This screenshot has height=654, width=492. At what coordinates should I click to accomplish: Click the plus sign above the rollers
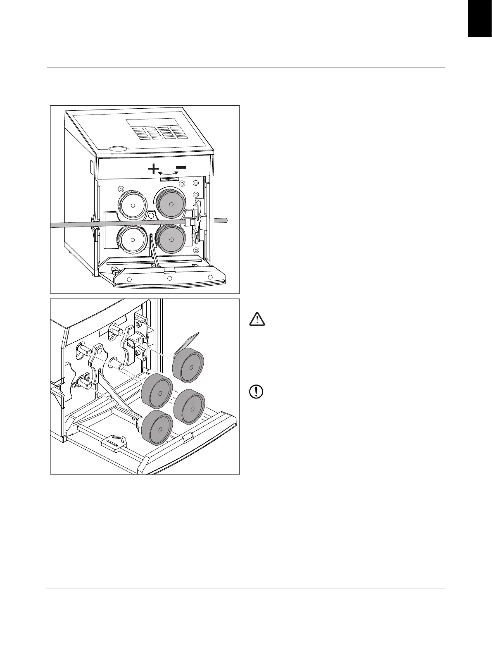(x=153, y=169)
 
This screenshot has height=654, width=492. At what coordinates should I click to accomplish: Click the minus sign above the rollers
(x=181, y=167)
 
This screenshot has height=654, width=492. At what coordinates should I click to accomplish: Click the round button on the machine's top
(x=117, y=148)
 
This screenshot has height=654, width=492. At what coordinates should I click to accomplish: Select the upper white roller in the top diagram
(x=133, y=205)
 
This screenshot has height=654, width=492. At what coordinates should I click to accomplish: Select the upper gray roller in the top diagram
(x=171, y=204)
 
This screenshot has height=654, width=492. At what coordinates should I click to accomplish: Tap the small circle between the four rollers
(x=151, y=215)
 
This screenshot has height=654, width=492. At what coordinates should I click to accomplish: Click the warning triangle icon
(x=257, y=320)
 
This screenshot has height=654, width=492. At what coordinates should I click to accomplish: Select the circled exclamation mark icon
(x=257, y=391)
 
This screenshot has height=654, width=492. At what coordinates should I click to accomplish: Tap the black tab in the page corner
(x=480, y=19)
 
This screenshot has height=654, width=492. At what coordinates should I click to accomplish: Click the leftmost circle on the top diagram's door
(x=129, y=279)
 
